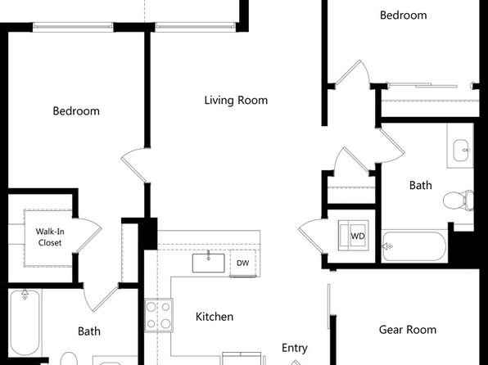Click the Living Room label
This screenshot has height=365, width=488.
(x=236, y=100)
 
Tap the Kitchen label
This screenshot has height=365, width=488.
(x=215, y=317)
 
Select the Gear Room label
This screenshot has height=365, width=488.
(x=408, y=330)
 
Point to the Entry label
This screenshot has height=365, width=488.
(x=295, y=348)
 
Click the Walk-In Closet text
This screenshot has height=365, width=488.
(x=50, y=237)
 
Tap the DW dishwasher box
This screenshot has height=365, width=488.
(x=243, y=263)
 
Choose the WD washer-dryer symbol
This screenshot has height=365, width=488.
(x=354, y=235)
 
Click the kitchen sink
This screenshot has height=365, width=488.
(x=208, y=263)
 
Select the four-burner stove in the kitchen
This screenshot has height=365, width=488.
(x=159, y=315)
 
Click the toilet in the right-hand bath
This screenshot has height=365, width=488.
(x=459, y=201)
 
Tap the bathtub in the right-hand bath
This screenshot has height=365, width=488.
(x=414, y=246)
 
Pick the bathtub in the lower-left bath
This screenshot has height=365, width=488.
(x=25, y=322)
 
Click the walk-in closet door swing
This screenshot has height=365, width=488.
(x=89, y=233)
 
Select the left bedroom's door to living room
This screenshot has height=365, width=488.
(x=133, y=165)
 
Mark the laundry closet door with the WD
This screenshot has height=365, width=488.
(x=311, y=237)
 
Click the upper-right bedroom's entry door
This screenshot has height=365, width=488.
(x=352, y=72)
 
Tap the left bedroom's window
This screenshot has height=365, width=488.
(x=73, y=27)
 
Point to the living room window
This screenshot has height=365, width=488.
(x=196, y=27)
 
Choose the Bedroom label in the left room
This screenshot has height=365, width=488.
(x=76, y=111)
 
